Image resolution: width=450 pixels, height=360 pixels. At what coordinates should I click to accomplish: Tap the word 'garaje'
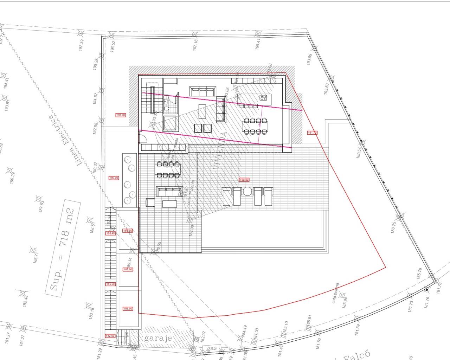(x=158, y=338)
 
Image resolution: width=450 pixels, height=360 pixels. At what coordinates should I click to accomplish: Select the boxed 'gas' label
(x=212, y=349)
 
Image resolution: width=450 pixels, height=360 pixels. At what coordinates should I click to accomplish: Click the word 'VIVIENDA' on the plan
(x=219, y=152)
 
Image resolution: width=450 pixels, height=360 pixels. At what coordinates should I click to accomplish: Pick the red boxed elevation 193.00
(x=121, y=115)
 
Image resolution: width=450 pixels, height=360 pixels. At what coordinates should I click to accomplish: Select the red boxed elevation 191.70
(x=312, y=133)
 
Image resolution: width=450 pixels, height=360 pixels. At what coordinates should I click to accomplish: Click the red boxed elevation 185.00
(x=128, y=309)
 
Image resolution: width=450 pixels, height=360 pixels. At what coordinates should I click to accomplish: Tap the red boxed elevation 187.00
(x=128, y=269)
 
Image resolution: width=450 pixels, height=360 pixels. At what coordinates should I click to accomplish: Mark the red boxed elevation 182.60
(x=110, y=336)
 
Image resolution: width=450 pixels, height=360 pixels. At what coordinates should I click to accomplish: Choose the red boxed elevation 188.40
(x=110, y=233)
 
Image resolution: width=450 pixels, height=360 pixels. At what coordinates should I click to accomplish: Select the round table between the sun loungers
(x=247, y=192)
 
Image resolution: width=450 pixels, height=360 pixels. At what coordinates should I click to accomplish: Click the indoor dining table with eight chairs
(x=255, y=126)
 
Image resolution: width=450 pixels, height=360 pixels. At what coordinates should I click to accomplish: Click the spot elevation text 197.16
(x=195, y=45)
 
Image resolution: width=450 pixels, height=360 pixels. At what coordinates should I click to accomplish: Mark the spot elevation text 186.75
(x=393, y=227)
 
